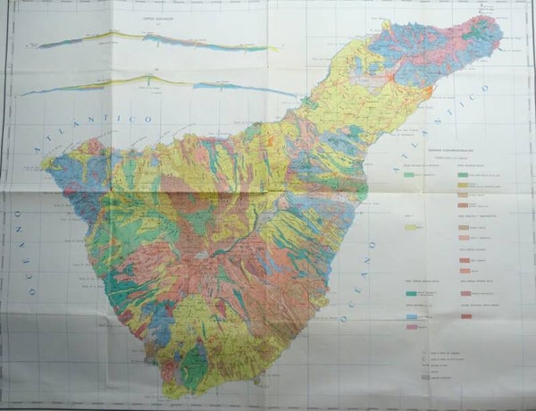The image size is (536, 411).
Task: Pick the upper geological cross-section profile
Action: (x=152, y=38)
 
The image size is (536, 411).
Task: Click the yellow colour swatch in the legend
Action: (x=414, y=229)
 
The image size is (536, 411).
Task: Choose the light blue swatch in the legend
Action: (x=411, y=317)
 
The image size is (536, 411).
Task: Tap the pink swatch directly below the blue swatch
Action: (x=411, y=327)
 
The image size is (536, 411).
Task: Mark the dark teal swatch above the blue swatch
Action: (x=411, y=292)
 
